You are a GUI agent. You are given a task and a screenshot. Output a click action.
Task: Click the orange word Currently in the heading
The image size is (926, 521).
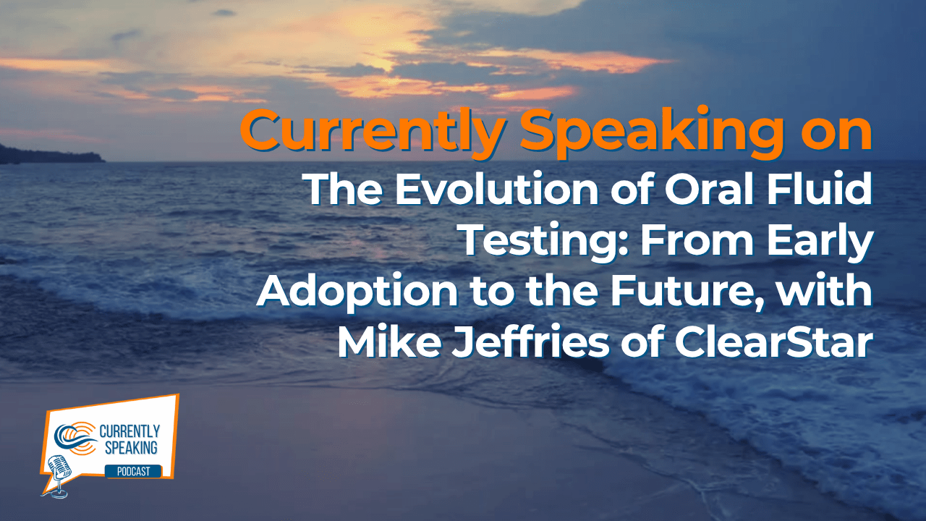(372, 132)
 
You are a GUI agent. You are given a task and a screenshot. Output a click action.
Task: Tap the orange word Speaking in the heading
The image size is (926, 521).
(652, 132)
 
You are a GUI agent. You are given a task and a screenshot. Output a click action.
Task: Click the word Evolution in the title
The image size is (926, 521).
(496, 189)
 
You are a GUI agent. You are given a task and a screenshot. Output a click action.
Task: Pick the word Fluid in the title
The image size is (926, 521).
(820, 189)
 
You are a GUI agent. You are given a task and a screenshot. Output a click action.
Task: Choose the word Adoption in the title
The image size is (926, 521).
(357, 293)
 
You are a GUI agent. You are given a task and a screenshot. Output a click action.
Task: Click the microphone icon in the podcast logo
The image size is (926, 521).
(58, 475)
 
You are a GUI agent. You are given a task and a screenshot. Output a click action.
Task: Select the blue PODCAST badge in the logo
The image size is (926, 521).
(133, 471)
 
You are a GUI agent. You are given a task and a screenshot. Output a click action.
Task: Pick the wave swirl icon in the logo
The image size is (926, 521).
(77, 439)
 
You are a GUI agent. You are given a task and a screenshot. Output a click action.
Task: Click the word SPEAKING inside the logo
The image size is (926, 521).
(131, 448)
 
